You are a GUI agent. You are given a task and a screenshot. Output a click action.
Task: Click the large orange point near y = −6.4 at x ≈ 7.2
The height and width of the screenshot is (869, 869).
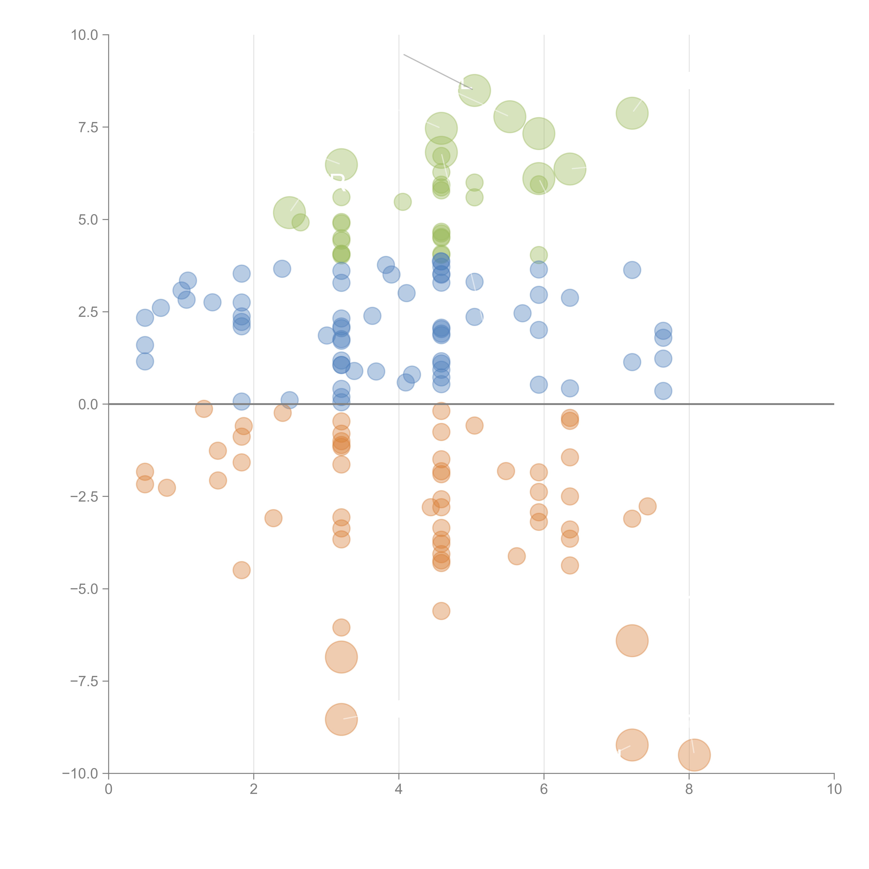[632, 640]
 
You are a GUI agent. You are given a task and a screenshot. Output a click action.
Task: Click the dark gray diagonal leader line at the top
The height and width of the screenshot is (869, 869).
[432, 68]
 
